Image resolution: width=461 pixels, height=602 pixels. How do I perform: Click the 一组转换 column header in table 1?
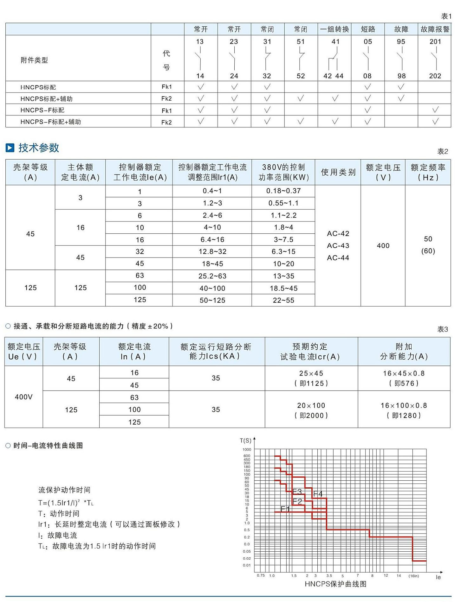pos(334,29)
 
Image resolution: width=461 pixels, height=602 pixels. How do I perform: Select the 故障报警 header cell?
pos(435,29)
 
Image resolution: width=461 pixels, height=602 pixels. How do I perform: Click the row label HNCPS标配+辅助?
pos(46,99)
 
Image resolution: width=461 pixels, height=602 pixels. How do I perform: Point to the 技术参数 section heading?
pos(39,148)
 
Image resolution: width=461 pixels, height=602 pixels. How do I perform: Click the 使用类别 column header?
pos(338,172)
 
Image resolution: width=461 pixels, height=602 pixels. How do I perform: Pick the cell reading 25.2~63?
pos(212,276)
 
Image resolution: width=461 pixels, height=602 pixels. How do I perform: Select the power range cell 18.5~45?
pos(283,288)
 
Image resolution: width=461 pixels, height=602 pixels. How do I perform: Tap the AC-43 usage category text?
pos(338,246)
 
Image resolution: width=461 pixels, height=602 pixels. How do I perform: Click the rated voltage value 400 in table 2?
pos(383,246)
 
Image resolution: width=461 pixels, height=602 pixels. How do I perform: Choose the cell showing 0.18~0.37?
pos(283,191)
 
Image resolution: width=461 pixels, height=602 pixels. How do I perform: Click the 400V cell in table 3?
pos(24,397)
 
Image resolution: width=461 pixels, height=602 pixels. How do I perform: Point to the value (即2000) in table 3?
pos(311,415)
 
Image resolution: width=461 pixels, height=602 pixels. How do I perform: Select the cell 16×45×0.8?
pos(404,373)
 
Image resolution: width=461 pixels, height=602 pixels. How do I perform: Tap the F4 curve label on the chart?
pos(318,494)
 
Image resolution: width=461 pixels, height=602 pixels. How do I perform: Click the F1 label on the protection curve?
pos(285,509)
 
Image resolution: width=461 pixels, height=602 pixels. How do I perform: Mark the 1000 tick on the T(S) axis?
pos(247,449)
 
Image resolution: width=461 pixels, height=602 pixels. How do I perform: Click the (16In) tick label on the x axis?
pos(413,576)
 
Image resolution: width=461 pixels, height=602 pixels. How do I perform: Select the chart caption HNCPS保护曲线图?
pos(335,584)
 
